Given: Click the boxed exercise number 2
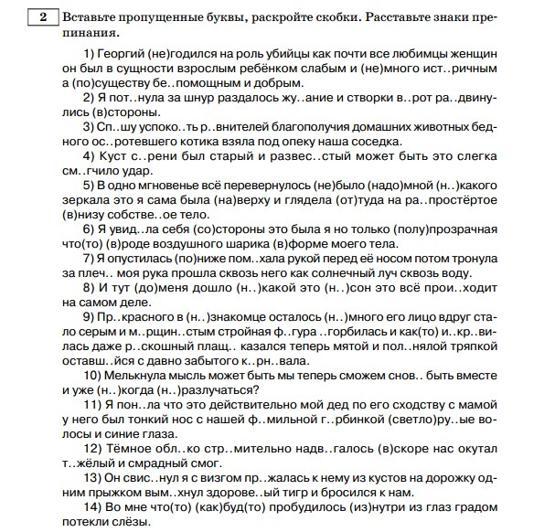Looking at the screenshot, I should pos(43,16).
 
